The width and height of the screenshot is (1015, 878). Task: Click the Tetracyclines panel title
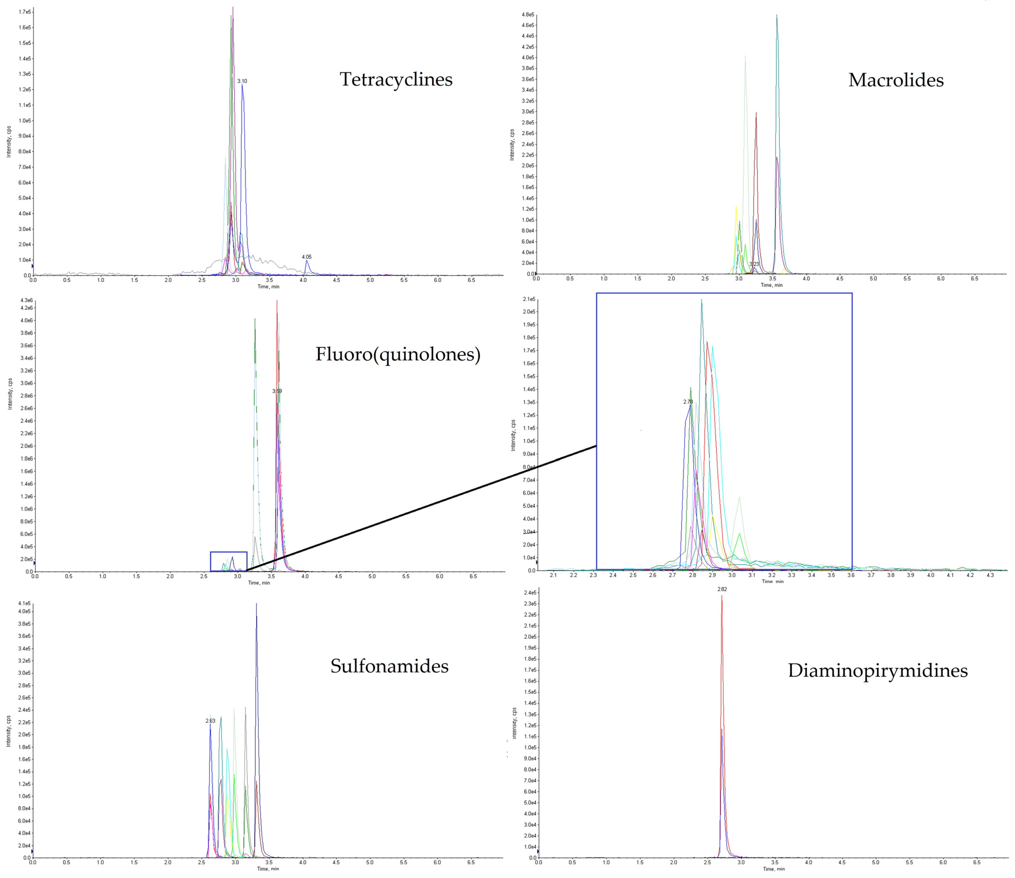point(396,79)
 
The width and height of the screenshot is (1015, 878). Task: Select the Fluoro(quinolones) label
point(398,354)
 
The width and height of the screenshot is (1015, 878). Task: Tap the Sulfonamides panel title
point(389,666)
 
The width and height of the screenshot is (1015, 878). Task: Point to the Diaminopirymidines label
point(877,670)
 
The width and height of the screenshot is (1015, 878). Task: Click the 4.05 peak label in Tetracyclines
point(307,257)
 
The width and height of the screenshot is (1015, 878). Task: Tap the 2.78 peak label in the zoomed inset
point(688,402)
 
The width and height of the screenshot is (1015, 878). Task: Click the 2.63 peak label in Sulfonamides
point(210,721)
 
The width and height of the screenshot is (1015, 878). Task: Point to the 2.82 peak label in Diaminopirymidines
point(722,589)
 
